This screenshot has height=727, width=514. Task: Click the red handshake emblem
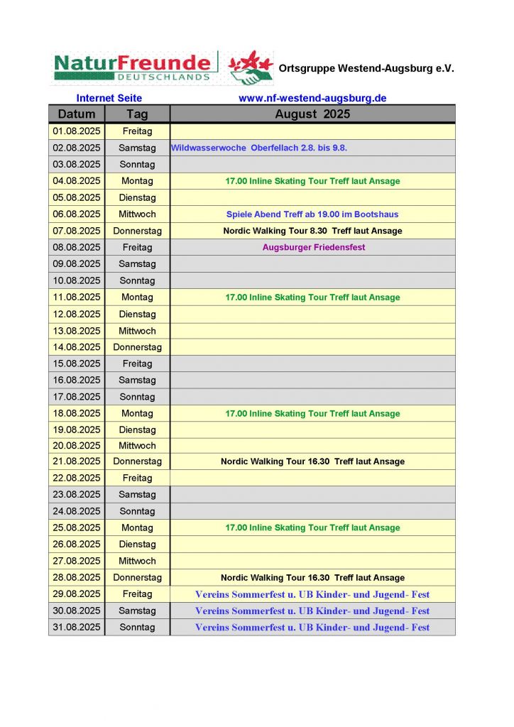[251, 67]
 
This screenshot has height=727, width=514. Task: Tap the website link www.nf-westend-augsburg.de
[312, 98]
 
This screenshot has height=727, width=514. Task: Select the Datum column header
[77, 114]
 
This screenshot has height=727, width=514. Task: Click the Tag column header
[137, 114]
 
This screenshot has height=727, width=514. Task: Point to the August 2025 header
[312, 114]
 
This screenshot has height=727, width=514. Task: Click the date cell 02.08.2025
[77, 148]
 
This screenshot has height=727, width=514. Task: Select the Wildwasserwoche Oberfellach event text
[258, 148]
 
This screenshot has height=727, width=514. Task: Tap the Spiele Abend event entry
[312, 214]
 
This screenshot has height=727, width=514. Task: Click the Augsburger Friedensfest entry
[312, 247]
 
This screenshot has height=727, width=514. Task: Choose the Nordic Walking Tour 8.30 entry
[312, 231]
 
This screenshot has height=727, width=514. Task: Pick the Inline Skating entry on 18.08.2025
[312, 413]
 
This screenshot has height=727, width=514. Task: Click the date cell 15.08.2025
[77, 363]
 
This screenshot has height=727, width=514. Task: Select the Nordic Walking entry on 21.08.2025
[312, 461]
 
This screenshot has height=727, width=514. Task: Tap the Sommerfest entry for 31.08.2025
[312, 628]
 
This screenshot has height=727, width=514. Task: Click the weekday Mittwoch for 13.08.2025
[137, 331]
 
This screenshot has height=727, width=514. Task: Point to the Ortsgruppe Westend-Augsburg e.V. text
[366, 69]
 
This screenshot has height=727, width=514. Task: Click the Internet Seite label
[109, 98]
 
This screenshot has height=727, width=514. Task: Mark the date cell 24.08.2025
[77, 511]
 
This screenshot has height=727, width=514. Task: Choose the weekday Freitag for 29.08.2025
[137, 594]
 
